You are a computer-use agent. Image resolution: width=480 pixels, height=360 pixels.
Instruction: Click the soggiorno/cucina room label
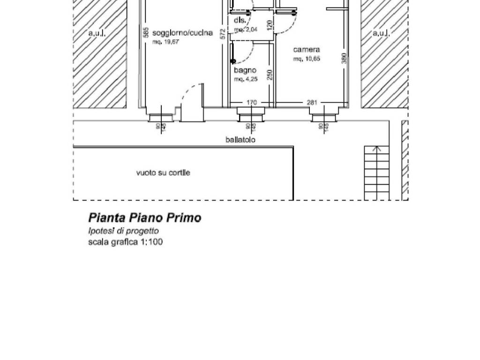[182, 33]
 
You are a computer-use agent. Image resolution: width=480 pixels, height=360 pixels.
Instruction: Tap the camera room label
[307, 50]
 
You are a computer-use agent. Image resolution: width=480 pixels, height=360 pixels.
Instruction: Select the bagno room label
[245, 70]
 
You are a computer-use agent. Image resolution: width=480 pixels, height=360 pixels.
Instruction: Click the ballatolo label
[240, 139]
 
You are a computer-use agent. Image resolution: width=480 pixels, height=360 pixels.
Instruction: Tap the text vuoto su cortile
[163, 173]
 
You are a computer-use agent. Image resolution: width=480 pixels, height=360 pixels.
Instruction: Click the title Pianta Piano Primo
[145, 217]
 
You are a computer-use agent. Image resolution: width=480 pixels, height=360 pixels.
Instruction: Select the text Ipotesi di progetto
[123, 231]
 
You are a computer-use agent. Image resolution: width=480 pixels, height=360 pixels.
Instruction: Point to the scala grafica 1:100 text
[126, 242]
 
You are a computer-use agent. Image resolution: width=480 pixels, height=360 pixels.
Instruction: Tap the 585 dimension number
[146, 33]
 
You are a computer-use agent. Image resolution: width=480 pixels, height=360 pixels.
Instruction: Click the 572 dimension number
[224, 33]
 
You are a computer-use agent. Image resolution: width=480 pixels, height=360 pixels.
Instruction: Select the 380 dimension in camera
[344, 58]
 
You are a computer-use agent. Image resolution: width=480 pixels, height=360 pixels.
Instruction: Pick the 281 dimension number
[312, 103]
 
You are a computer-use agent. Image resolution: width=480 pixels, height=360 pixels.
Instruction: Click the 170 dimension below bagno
[252, 103]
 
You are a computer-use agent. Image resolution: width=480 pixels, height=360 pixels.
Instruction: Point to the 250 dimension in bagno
[270, 75]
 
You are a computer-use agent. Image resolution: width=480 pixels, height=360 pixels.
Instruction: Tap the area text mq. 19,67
[166, 42]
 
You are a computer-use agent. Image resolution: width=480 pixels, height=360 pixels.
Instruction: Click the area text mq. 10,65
[307, 59]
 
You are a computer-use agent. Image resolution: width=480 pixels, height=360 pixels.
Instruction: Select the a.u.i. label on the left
[97, 33]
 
